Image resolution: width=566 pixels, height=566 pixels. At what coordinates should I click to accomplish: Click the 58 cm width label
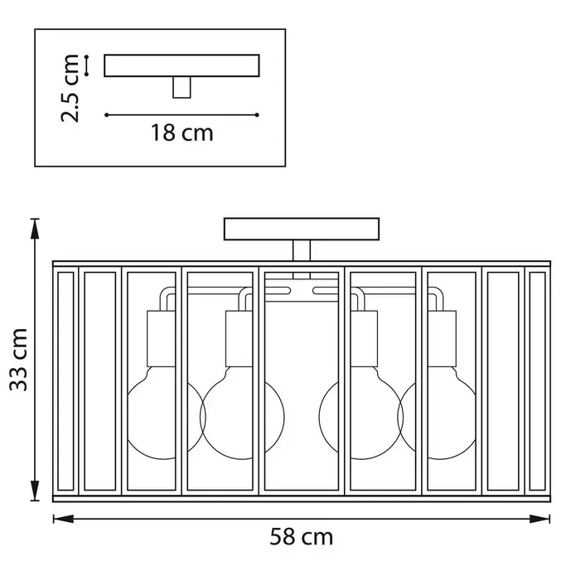click(x=302, y=537)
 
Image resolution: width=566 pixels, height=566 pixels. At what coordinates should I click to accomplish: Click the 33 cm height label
click(x=19, y=360)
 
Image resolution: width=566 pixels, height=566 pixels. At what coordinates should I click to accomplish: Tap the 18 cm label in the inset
click(x=182, y=133)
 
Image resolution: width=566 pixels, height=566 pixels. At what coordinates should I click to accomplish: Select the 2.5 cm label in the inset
click(x=70, y=88)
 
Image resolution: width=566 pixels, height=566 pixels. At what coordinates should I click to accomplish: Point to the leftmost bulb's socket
click(x=161, y=339)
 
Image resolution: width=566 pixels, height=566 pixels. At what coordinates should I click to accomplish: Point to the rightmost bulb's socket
click(x=442, y=339)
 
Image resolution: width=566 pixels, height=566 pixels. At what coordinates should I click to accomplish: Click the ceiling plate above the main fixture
click(x=302, y=229)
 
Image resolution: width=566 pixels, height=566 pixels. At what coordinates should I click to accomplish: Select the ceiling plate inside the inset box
click(x=182, y=65)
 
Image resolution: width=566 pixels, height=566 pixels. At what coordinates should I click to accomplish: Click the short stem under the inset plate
click(x=181, y=87)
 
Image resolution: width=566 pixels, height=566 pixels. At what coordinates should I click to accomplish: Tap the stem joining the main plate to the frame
click(x=302, y=250)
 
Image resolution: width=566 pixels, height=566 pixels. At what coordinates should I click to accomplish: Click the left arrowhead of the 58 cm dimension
click(x=63, y=519)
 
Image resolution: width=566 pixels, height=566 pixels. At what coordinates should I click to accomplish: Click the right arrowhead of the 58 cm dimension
click(x=540, y=519)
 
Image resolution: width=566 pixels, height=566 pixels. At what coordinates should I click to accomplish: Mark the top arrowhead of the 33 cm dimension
click(x=35, y=229)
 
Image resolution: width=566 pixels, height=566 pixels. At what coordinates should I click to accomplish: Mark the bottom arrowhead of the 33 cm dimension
click(x=35, y=491)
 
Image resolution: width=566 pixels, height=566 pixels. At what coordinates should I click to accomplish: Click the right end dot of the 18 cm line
click(x=257, y=115)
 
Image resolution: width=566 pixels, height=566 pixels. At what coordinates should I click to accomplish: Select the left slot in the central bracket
click(x=278, y=290)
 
